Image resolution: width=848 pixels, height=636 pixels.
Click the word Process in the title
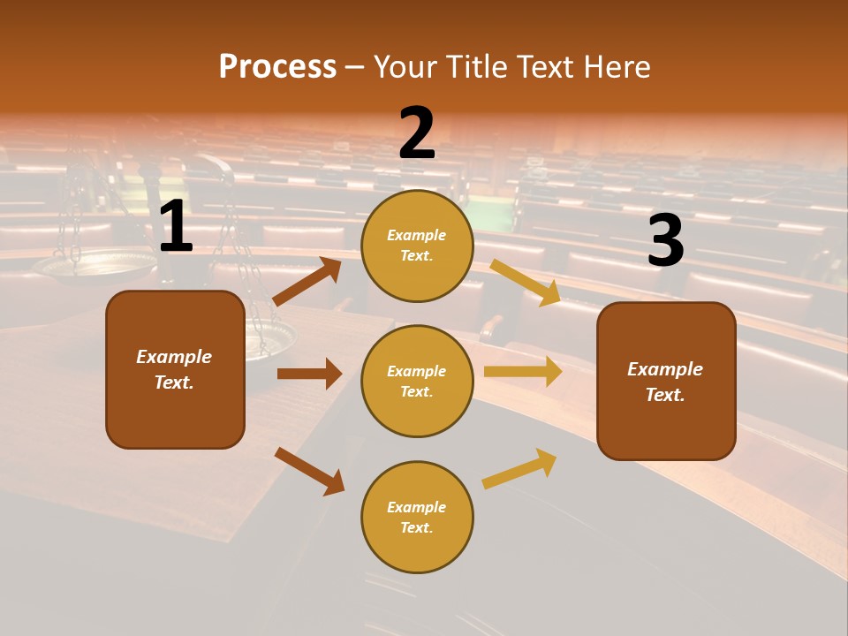pos(277,67)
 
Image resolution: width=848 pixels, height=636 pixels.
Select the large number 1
pos(176,227)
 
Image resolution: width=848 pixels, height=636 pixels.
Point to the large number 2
pos(417,133)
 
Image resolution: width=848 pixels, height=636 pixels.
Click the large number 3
pos(665,240)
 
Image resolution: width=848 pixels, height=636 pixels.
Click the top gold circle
pos(417,246)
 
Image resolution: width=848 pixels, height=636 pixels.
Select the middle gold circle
pos(417,381)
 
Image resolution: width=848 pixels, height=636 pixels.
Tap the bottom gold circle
pos(417,517)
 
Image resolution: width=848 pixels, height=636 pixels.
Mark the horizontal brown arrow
pos(309,374)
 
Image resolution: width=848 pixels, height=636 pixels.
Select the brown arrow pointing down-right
pos(309,471)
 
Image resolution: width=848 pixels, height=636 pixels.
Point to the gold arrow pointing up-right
pos(520,469)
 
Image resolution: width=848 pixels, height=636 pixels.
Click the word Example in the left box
pos(174,357)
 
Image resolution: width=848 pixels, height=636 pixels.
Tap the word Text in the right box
pos(665,395)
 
